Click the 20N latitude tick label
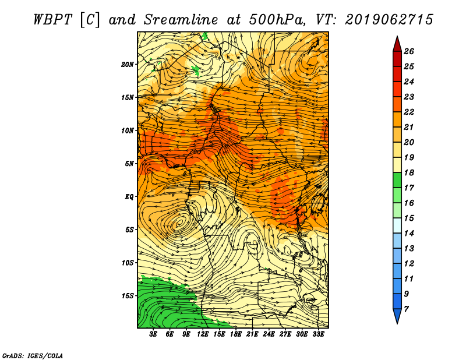coord(127,65)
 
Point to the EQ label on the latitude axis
coord(129,197)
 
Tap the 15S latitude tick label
coord(127,296)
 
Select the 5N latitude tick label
coord(129,164)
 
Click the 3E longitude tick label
coord(153,334)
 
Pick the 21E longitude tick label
coord(252,334)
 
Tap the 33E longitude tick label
coord(318,334)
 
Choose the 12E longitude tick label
coord(202,334)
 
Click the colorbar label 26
coord(409,51)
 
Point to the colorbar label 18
coord(409,172)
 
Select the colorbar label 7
coord(406,309)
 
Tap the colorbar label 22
coord(409,112)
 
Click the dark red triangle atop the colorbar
coord(397,45)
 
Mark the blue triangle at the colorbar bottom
coord(397,315)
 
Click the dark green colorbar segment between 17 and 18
coord(397,180)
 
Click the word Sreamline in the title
coord(181,20)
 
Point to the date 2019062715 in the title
coord(389,20)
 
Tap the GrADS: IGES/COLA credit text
coord(33,356)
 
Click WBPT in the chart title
coord(53,20)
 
